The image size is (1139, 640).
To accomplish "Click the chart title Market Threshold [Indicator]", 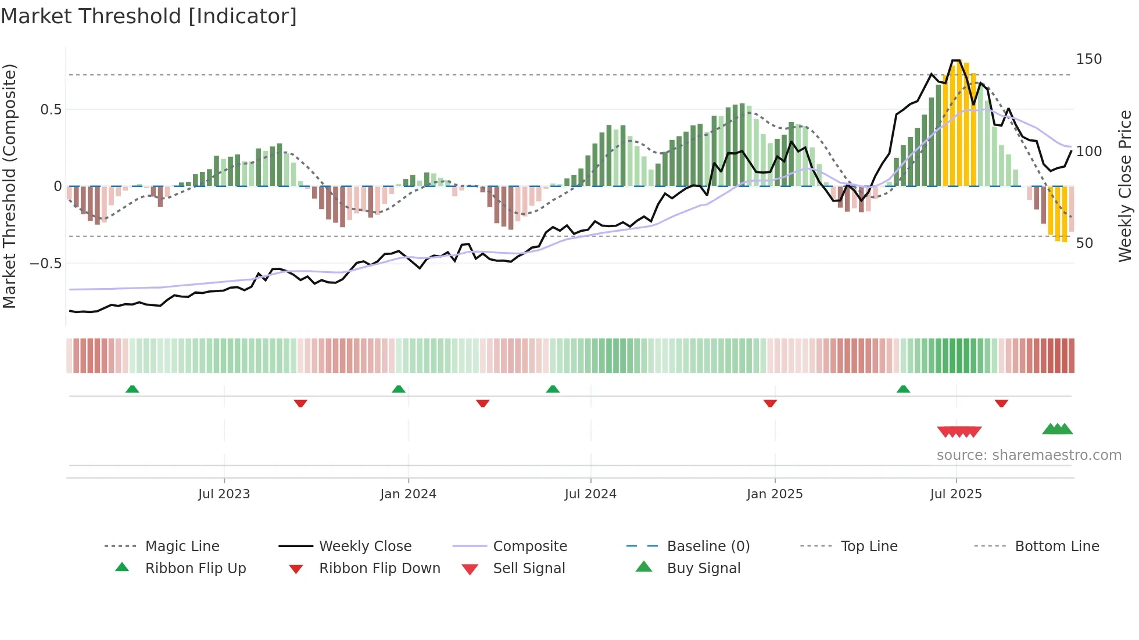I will (149, 16).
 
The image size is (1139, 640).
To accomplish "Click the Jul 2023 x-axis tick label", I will (224, 494).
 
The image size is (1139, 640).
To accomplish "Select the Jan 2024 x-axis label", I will (408, 494).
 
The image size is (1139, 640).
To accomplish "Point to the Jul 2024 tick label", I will (590, 494).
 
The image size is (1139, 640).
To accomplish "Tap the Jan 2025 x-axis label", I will (775, 494).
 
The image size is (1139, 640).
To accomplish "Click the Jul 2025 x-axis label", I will (956, 494).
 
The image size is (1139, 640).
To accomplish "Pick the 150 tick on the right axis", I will (1088, 59).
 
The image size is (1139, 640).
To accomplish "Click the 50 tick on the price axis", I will (1084, 243).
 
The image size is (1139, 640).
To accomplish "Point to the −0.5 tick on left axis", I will (45, 264).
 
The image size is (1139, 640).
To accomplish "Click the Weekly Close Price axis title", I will (1126, 186).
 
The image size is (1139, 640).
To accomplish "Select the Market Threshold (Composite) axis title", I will (9, 186).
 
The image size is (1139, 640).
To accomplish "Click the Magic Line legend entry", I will (182, 546).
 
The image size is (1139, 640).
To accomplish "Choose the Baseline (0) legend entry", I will (708, 546).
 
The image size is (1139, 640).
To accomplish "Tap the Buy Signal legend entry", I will (703, 569).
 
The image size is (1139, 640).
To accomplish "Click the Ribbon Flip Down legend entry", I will (379, 569).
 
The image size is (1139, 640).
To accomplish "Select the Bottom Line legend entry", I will (1056, 546).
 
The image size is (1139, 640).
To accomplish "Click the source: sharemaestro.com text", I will (1029, 455).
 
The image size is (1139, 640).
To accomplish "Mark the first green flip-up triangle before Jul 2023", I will (132, 389).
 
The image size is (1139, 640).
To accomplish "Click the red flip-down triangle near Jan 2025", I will (770, 403).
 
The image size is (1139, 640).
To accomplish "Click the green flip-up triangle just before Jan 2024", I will (399, 389).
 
